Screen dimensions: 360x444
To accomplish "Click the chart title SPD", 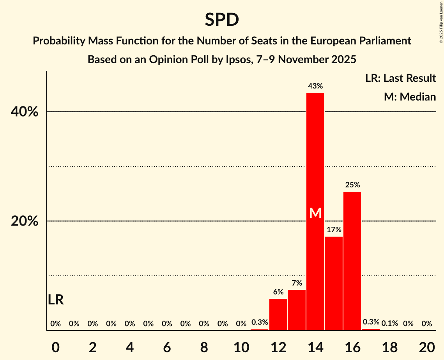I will [222, 20].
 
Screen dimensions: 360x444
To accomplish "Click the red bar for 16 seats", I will [352, 261].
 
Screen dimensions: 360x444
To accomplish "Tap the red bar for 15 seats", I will [334, 283].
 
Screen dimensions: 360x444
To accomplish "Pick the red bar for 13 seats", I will [297, 310].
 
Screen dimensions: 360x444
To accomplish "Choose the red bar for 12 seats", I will [278, 314].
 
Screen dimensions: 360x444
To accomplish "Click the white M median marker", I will [315, 213].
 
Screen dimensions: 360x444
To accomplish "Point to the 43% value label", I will [315, 86].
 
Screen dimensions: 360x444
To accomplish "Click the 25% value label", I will [352, 185].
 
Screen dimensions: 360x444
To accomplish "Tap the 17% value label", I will [334, 229].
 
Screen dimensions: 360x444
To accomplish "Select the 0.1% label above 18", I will [389, 323].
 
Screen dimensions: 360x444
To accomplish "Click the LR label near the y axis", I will [56, 300].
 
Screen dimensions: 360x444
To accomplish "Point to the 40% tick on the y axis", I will [25, 112].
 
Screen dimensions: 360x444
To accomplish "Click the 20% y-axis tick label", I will [25, 221].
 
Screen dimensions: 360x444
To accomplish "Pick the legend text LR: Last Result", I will [400, 78].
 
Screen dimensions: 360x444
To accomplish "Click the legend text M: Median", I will [410, 97].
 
